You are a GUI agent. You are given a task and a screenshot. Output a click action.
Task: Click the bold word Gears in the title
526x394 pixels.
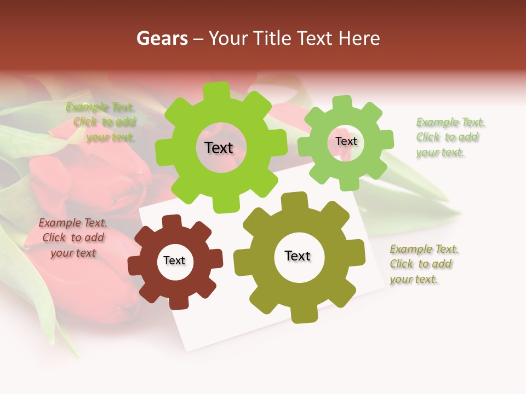point(162,38)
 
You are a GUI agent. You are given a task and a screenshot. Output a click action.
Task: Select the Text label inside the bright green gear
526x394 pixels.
point(219,148)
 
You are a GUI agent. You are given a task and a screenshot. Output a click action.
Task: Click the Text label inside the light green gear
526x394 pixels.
point(346,141)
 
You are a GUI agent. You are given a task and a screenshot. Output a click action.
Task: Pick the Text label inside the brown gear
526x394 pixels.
point(174,260)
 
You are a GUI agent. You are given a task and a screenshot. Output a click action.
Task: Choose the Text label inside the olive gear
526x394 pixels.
point(298,256)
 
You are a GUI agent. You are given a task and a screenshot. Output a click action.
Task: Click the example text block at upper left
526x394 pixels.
point(101,123)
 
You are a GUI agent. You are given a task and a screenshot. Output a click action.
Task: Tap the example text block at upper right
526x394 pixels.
point(450,137)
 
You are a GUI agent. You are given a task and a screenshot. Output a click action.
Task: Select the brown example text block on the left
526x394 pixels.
point(73,238)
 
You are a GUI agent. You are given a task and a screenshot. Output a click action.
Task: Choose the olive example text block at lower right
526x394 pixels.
point(424,264)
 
